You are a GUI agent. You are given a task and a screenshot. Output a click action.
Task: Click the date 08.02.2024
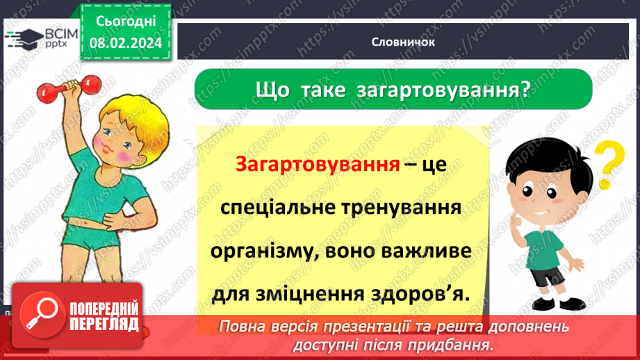(126, 43)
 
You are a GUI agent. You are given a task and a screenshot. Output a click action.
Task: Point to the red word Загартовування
(318, 165)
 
